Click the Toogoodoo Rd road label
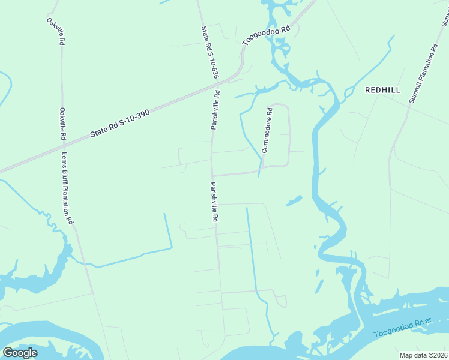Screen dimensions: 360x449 coord(267,35)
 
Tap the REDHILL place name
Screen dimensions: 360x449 coord(382,90)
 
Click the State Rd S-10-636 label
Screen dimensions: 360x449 coord(209,53)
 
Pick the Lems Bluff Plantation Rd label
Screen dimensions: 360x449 coord(67,188)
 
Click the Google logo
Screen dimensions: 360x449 coord(20,353)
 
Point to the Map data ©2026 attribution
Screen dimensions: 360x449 coord(423,355)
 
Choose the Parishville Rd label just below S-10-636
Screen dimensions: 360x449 coord(215,110)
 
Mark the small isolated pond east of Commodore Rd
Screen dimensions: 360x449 coord(294,200)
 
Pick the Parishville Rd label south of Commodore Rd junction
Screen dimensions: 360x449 coord(213,202)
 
